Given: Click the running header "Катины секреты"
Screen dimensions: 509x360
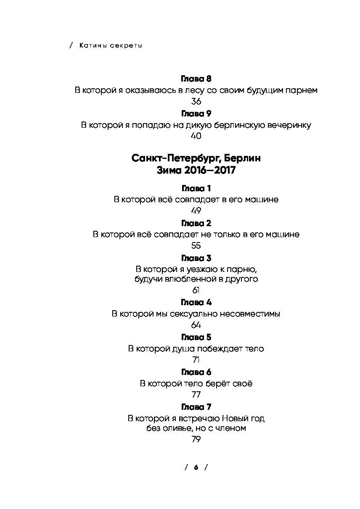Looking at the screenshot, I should pos(111,45).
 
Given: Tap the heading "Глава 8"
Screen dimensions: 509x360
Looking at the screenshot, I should pos(196,79).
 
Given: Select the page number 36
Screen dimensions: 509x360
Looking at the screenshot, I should pos(196,101).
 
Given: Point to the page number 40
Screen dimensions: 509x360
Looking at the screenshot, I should pos(196,136).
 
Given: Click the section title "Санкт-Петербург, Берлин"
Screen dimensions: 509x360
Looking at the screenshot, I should pos(196,158).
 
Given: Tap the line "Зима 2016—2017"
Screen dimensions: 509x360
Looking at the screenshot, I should pos(196,170).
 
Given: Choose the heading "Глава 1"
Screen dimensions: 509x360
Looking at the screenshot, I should pos(196,188).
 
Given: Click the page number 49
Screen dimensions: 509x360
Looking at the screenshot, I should pos(196,211).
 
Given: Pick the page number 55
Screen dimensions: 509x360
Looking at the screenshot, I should pos(196,245).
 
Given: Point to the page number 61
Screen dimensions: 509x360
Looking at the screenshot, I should pos(196,290).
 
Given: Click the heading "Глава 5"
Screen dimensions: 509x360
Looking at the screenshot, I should pos(196,338).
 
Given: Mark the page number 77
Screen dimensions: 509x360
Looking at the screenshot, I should pos(196,395).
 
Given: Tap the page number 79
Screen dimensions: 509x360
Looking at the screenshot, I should pos(196,440).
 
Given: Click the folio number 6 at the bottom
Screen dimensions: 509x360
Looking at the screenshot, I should pos(196,467).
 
